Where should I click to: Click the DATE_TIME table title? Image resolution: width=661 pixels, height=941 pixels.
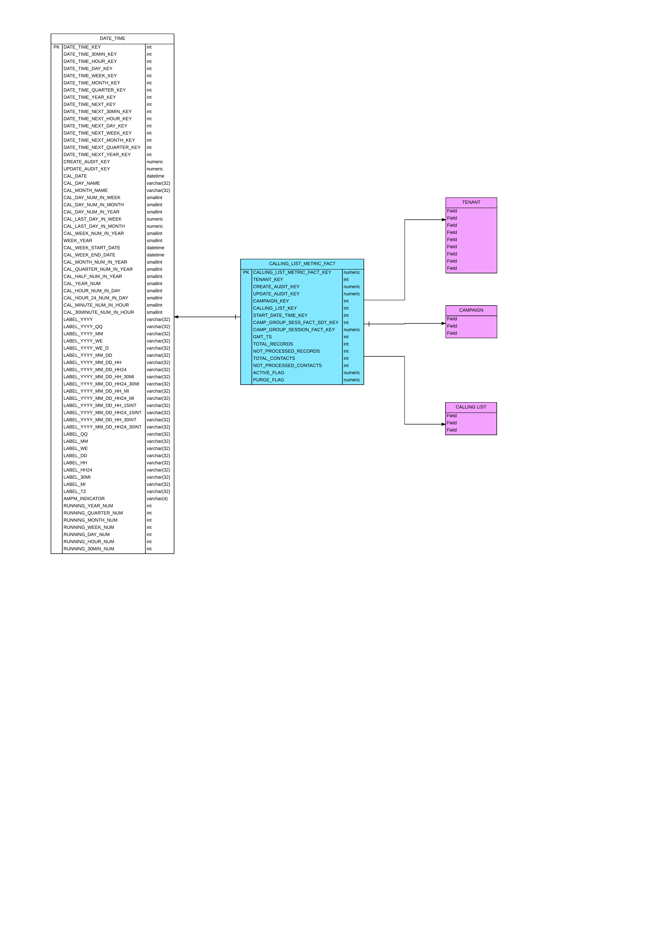coord(112,39)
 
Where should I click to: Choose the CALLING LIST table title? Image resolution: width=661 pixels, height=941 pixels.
coord(471,407)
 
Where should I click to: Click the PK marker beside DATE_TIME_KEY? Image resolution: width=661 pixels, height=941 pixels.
coord(57,47)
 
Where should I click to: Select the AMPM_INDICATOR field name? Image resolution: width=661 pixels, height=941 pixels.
coord(84,499)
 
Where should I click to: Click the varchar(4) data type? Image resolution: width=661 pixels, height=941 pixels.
coord(157,499)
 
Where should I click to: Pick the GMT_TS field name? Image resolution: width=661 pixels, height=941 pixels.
coord(262,337)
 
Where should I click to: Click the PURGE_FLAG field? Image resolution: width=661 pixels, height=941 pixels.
coord(269,380)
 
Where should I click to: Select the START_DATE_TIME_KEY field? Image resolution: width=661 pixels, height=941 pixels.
coord(280,316)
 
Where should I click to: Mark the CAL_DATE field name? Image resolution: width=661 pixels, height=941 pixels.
coord(75,176)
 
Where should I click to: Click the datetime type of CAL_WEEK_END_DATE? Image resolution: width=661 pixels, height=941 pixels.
coord(155,255)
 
